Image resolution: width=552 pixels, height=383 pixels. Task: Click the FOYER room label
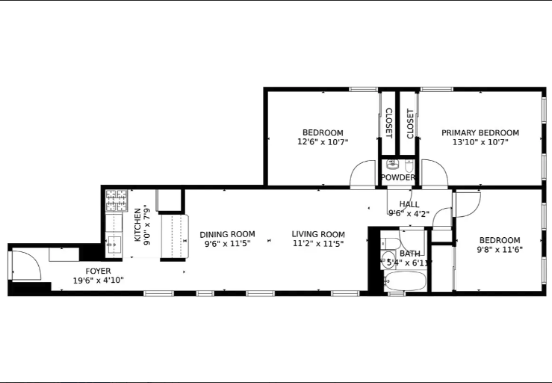coord(98,271)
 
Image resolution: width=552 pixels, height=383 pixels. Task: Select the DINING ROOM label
coord(227,234)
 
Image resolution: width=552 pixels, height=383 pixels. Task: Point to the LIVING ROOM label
coord(318,234)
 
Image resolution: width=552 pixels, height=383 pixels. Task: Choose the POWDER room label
coord(397,178)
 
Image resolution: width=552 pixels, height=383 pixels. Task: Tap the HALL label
coord(409,204)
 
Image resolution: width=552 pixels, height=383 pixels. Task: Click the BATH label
coord(409,254)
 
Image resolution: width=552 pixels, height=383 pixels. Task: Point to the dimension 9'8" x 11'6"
coord(500,249)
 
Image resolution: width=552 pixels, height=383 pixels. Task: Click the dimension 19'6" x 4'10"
coord(98,281)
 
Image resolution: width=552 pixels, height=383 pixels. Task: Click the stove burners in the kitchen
coord(116,200)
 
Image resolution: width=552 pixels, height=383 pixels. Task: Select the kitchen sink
coord(114,242)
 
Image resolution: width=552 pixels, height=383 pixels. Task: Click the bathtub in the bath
coord(406,283)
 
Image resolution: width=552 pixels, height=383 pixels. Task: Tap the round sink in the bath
coord(389,260)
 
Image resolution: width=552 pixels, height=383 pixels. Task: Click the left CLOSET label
coord(388,123)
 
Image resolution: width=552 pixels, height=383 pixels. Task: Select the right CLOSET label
coord(409,123)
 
